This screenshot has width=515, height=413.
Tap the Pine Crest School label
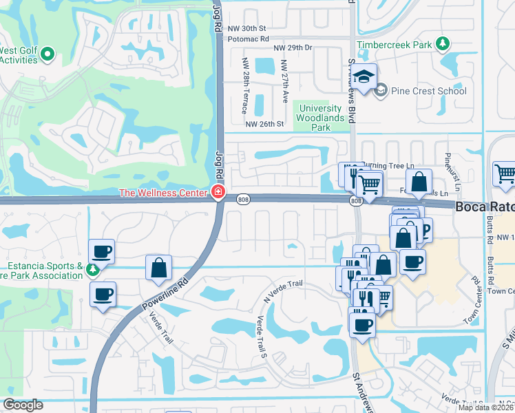(428, 91)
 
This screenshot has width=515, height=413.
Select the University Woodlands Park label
(318, 118)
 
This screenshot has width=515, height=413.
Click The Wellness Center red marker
(218, 192)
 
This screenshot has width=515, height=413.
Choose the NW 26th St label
(265, 125)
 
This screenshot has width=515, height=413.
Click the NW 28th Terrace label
(244, 86)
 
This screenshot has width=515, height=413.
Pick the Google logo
(23, 405)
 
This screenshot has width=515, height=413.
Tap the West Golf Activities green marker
(48, 54)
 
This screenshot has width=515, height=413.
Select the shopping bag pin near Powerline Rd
(158, 267)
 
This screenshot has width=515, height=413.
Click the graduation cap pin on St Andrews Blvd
(366, 76)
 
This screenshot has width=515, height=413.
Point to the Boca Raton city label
(485, 206)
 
